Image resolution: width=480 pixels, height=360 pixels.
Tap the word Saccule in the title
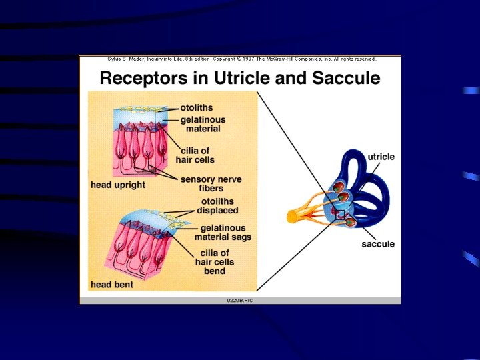point(343,78)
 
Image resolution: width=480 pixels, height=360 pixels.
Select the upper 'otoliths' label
point(198,107)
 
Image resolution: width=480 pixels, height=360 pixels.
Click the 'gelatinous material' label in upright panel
point(203,124)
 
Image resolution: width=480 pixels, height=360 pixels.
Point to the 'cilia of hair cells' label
point(195,155)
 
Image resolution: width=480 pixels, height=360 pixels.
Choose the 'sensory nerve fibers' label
point(211,184)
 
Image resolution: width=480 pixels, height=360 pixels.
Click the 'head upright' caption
point(117,185)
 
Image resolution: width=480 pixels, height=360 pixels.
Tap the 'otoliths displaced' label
point(217,206)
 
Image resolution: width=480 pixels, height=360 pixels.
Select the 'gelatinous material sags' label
point(223,232)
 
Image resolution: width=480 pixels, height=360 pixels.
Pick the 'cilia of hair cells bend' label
point(214,262)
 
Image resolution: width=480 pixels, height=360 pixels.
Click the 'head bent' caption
point(111,285)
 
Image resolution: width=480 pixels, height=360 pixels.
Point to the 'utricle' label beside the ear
point(381,157)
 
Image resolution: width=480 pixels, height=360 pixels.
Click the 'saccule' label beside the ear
point(378,244)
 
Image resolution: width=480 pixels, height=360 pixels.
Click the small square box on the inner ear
point(340,215)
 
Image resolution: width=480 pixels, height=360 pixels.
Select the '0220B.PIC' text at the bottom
point(240,301)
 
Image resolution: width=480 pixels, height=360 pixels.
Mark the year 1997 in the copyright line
point(250,59)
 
